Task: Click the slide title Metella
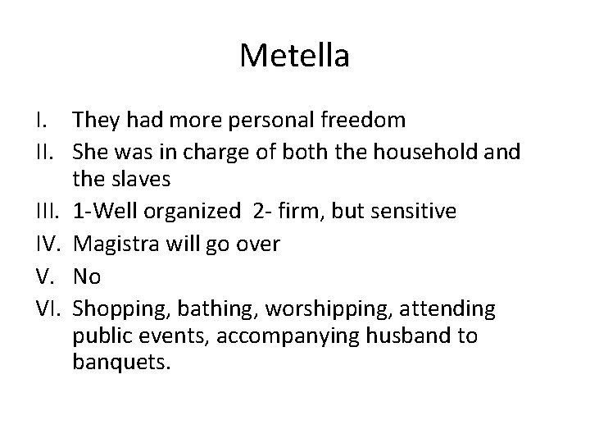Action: click(295, 56)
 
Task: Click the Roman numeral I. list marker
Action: click(43, 121)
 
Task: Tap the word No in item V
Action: click(86, 276)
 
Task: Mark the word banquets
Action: click(120, 363)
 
